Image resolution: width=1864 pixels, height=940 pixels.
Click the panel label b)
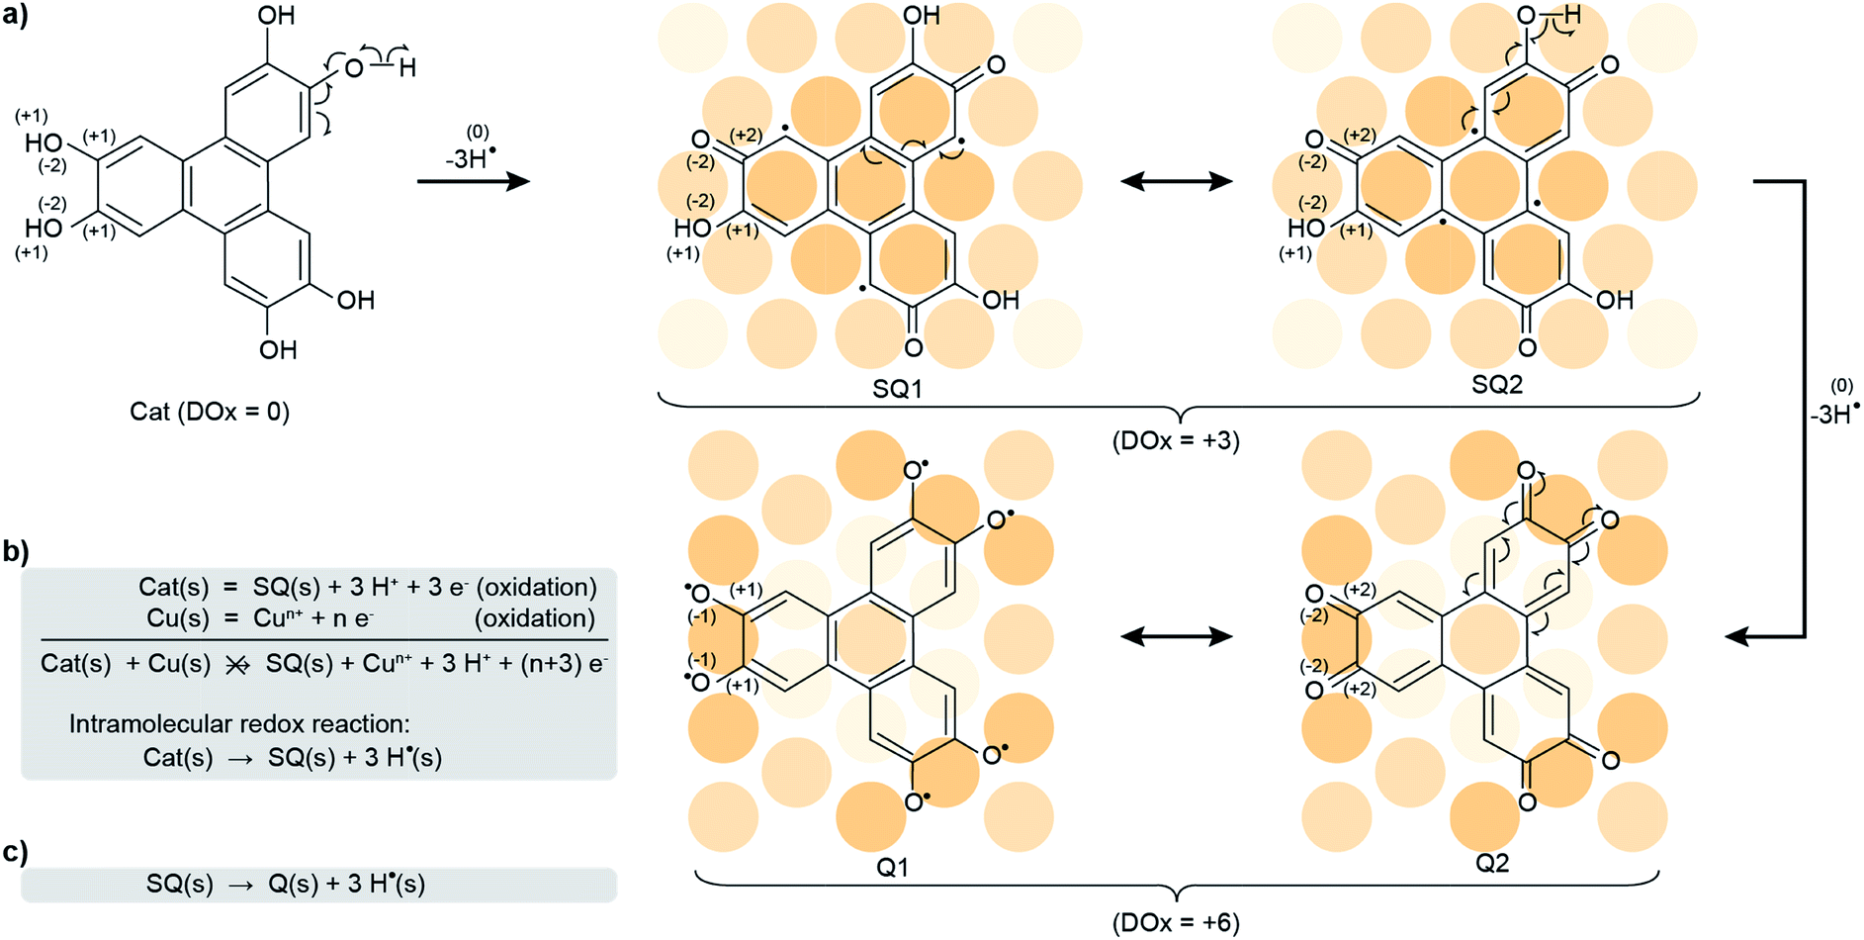[15, 551]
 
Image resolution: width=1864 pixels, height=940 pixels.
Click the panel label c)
[15, 852]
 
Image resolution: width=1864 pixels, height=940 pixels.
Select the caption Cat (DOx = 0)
[210, 412]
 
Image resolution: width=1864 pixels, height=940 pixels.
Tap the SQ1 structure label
[897, 389]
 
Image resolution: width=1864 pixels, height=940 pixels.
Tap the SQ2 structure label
[1497, 385]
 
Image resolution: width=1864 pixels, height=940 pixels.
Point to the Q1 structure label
[893, 867]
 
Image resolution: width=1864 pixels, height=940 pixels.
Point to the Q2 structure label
[1492, 863]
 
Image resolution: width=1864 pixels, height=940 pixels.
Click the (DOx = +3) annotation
[1176, 439]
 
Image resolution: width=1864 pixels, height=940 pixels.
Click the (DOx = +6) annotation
[1176, 922]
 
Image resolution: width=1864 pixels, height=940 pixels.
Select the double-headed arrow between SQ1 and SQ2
[1177, 181]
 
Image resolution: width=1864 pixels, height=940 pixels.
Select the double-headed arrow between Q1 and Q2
[1177, 636]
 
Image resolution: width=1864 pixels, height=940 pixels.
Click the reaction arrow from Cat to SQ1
[473, 181]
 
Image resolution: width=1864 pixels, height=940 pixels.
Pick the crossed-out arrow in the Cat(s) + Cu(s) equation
[237, 665]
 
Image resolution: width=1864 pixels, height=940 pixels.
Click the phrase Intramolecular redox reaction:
[239, 724]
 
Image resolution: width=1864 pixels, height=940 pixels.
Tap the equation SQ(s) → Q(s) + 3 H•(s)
[286, 885]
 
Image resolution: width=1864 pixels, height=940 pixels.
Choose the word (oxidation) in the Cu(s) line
[535, 618]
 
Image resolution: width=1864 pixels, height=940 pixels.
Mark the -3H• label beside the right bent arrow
[1835, 414]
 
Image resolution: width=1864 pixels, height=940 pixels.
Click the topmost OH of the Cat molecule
[276, 16]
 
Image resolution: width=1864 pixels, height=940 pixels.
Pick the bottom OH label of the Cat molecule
[278, 349]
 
